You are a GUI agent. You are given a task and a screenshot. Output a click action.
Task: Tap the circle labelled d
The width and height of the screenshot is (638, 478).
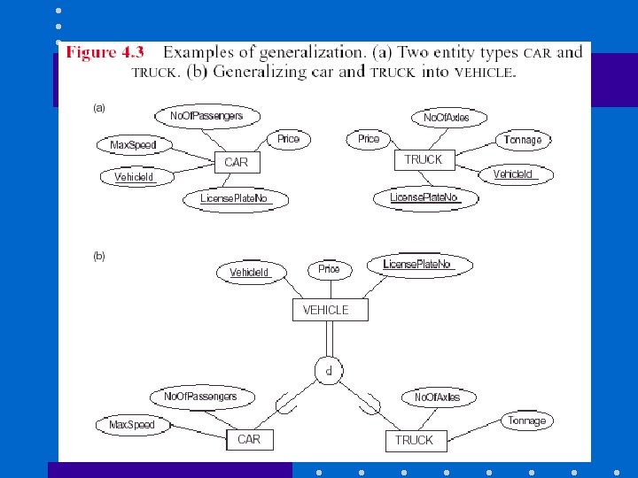(328, 371)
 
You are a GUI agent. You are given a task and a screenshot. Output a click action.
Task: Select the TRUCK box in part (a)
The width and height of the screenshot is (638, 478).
(423, 160)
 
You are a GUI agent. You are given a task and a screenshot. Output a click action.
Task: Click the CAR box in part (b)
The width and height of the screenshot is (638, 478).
(249, 439)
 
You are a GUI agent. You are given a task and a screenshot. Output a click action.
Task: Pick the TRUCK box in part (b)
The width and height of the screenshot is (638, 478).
(414, 440)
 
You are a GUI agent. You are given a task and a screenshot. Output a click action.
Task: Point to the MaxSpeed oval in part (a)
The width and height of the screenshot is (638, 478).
(133, 144)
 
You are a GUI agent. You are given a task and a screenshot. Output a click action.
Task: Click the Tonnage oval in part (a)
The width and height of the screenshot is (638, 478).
(523, 140)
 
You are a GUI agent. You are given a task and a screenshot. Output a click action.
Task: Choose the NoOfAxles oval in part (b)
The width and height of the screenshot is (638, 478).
(437, 397)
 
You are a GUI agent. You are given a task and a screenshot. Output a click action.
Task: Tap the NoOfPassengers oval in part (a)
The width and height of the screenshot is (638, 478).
(206, 116)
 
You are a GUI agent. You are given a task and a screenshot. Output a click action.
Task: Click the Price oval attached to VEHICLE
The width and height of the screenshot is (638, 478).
(329, 269)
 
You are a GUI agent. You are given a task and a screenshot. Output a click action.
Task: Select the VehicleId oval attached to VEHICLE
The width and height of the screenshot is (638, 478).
(249, 273)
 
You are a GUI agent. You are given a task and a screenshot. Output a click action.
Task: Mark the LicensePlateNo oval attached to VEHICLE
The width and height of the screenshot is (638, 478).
(416, 265)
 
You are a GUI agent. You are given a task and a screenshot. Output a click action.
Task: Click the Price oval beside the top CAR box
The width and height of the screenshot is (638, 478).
(288, 139)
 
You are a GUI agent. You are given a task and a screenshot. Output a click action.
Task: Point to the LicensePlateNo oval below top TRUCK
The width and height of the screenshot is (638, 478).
(424, 197)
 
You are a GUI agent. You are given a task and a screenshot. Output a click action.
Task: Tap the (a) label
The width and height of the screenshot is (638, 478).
(99, 108)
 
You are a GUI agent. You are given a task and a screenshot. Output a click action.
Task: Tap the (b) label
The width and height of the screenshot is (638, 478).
(99, 256)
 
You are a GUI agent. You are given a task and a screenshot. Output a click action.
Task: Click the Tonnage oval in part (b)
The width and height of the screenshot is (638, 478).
(527, 421)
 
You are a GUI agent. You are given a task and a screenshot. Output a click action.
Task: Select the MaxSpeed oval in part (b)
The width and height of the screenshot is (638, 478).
(131, 425)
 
